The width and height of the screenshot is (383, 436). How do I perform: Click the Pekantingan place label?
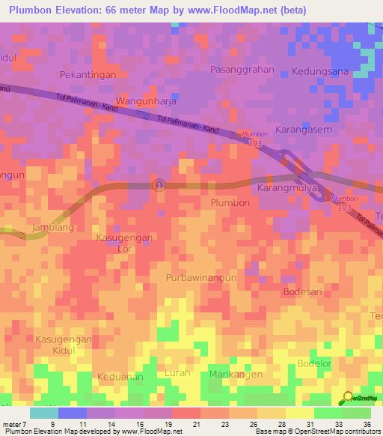click(x=88, y=75)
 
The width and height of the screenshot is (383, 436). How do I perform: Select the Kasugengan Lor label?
click(x=124, y=243)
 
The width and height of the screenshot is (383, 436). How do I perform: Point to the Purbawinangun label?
click(x=201, y=277)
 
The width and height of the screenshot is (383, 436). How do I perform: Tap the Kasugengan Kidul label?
click(x=63, y=345)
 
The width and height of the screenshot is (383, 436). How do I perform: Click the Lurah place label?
click(x=177, y=372)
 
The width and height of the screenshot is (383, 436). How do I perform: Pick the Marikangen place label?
click(x=236, y=374)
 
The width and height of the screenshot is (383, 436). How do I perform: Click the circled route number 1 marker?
click(x=158, y=184)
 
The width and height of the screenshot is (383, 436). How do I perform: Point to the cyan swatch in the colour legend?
click(x=43, y=413)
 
